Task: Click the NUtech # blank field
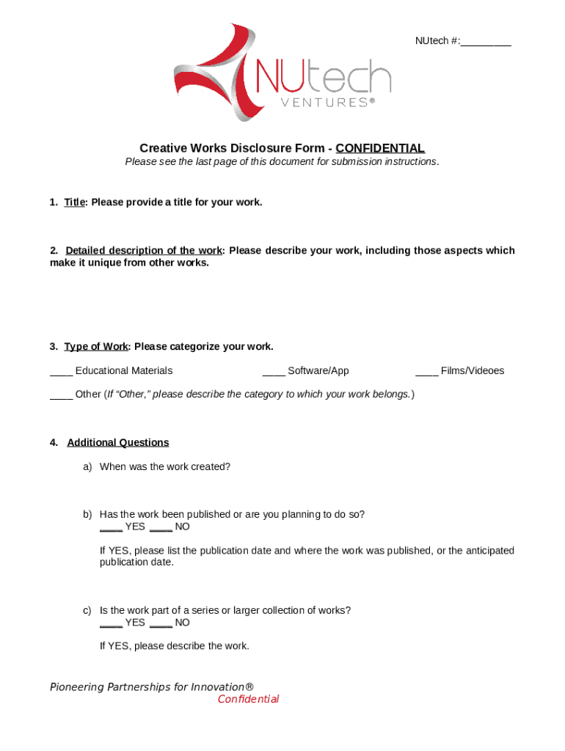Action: click(486, 42)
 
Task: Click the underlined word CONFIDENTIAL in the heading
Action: click(380, 147)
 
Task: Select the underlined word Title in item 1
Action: click(75, 202)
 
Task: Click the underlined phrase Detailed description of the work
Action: click(144, 251)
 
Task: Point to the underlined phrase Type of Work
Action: click(96, 346)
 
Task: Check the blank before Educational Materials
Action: click(61, 372)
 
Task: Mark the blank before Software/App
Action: click(274, 372)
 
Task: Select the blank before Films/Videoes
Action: click(426, 372)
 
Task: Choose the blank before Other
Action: click(61, 395)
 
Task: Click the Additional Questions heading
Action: click(118, 442)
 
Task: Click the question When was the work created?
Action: click(165, 466)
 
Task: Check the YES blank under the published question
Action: click(111, 528)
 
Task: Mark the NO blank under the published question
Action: click(161, 528)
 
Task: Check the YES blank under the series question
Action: click(111, 624)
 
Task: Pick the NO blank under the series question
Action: click(161, 624)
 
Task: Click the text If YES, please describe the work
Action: click(175, 646)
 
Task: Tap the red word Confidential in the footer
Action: click(248, 700)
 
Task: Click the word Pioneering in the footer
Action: click(77, 687)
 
